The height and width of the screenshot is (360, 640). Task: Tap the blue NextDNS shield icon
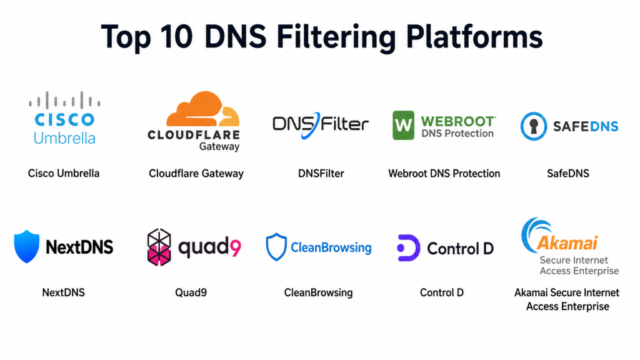pyautogui.click(x=26, y=246)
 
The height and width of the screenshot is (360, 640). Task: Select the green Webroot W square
pyautogui.click(x=403, y=125)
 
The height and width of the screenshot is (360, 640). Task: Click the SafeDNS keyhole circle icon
pyautogui.click(x=534, y=126)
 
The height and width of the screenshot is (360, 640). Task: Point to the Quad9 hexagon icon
pyautogui.click(x=159, y=247)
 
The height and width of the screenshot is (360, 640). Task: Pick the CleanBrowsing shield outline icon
pyautogui.click(x=276, y=246)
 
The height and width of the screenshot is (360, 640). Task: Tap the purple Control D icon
pyautogui.click(x=409, y=247)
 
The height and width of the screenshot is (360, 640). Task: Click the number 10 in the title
pyautogui.click(x=176, y=37)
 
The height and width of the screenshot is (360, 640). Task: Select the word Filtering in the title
pyautogui.click(x=336, y=37)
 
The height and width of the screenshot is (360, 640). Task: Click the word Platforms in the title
pyautogui.click(x=474, y=37)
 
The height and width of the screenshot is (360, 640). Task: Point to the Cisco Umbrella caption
pyautogui.click(x=64, y=174)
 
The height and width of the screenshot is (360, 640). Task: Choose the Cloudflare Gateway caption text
pyautogui.click(x=196, y=174)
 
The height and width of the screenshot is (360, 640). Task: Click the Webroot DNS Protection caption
pyautogui.click(x=444, y=174)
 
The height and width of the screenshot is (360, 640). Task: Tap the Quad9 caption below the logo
pyautogui.click(x=191, y=292)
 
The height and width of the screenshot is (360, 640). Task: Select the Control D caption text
pyautogui.click(x=442, y=292)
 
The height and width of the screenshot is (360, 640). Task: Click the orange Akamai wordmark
pyautogui.click(x=567, y=243)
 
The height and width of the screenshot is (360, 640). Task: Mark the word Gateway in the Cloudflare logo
pyautogui.click(x=219, y=146)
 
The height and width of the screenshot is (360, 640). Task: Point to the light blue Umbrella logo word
pyautogui.click(x=64, y=138)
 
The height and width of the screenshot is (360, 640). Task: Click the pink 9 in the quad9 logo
pyautogui.click(x=236, y=247)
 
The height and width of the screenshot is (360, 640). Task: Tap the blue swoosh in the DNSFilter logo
pyautogui.click(x=311, y=126)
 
